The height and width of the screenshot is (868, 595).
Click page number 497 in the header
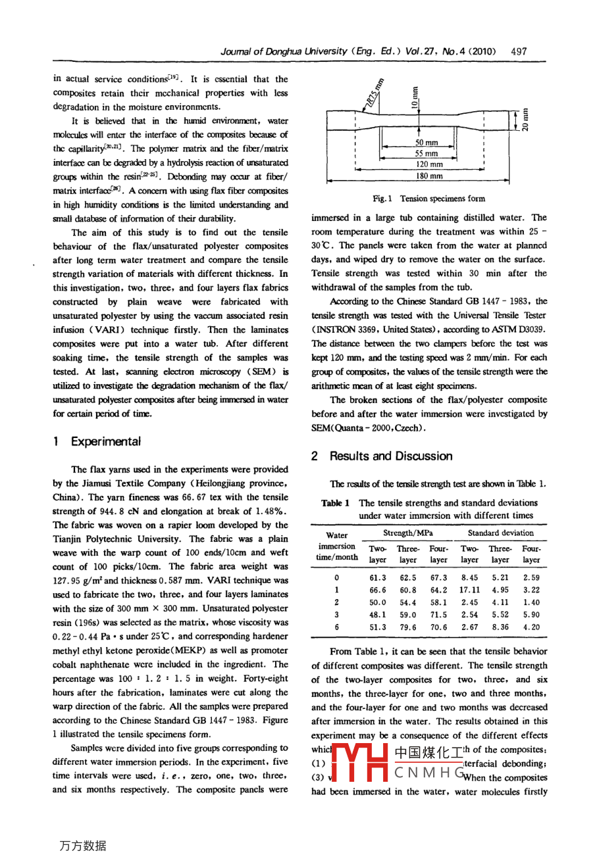(x=519, y=51)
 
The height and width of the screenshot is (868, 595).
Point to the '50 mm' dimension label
(x=427, y=143)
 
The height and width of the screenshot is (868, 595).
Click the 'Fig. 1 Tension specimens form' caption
(x=428, y=199)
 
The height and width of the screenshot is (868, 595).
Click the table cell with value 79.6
(x=408, y=627)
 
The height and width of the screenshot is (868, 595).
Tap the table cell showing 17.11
(x=469, y=590)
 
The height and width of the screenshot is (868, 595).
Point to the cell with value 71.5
(x=438, y=615)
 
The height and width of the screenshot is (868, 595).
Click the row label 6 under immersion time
(x=336, y=627)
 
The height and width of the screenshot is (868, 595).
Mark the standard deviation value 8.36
(x=500, y=627)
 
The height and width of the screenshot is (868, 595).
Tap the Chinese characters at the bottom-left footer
(x=82, y=846)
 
